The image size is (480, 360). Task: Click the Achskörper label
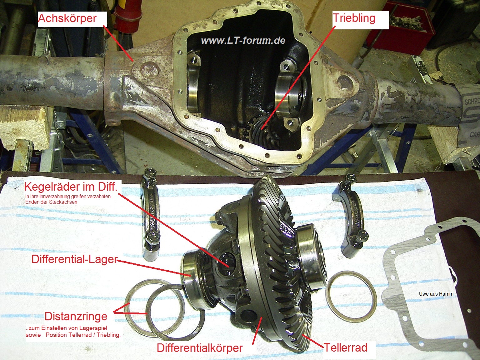[67, 18]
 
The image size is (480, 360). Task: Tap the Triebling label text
[354, 18]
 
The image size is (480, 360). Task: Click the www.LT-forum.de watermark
[243, 41]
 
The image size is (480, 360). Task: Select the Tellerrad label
[345, 347]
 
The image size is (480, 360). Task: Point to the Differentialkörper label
[200, 348]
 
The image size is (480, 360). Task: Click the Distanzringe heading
[76, 317]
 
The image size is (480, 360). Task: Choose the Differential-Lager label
[75, 259]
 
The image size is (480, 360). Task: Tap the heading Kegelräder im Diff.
[71, 187]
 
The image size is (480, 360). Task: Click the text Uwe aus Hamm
[436, 294]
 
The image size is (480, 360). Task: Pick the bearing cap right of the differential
[350, 216]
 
